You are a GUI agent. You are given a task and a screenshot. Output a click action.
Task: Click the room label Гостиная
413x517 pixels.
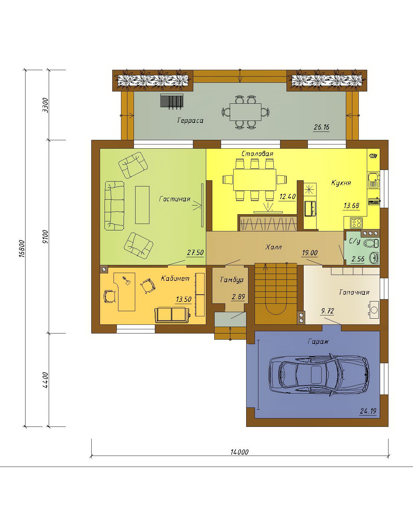pyautogui.click(x=175, y=199)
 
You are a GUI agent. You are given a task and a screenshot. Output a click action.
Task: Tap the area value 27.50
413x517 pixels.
pyautogui.click(x=195, y=252)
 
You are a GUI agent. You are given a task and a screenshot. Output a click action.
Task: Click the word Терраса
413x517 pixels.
pyautogui.click(x=190, y=120)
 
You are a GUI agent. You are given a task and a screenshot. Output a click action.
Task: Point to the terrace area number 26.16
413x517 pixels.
pyautogui.click(x=321, y=127)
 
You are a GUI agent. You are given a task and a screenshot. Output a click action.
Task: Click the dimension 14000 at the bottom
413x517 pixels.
pyautogui.click(x=239, y=452)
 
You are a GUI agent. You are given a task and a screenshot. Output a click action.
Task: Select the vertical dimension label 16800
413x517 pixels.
pyautogui.click(x=22, y=248)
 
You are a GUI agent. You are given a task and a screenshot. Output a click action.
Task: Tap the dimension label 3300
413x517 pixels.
pyautogui.click(x=45, y=105)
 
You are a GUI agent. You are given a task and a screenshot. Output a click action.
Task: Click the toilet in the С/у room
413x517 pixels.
pyautogui.click(x=371, y=243)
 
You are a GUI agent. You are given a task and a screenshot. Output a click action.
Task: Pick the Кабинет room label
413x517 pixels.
pyautogui.click(x=175, y=279)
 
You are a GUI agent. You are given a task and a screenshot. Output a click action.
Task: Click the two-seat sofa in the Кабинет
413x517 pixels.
pyautogui.click(x=172, y=315)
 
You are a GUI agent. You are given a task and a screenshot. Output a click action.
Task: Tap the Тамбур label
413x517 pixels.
pyautogui.click(x=232, y=280)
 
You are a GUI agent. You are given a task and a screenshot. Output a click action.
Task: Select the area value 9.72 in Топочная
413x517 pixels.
pyautogui.click(x=327, y=311)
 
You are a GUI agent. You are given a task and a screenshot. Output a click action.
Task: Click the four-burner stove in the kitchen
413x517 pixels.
pyautogui.click(x=356, y=223)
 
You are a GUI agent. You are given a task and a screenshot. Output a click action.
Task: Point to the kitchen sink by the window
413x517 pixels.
pyautogui.click(x=373, y=180)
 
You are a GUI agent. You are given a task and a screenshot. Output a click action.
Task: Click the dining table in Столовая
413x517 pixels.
pyautogui.click(x=255, y=180)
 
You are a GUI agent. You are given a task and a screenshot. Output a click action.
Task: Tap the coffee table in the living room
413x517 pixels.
pyautogui.click(x=142, y=205)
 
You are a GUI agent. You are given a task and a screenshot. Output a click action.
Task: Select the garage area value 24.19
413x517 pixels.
pyautogui.click(x=368, y=411)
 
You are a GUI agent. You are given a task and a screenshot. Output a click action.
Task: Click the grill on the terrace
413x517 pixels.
pyautogui.click(x=172, y=101)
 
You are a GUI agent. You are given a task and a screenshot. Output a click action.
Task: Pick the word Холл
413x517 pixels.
pyautogui.click(x=273, y=247)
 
